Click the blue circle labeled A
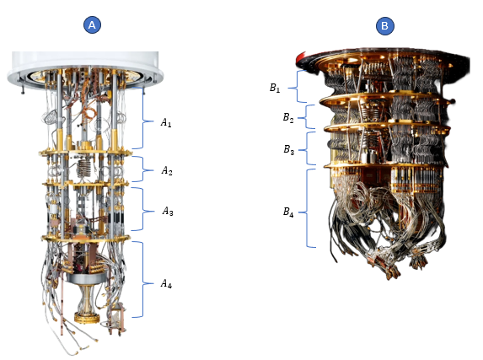coord(92,24)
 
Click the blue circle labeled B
coord(384,25)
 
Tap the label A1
coord(166,123)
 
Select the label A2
coord(167,170)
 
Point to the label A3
coord(168,212)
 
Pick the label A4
coord(166,283)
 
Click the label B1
coord(275,89)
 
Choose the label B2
coord(288,118)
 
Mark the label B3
coord(289,149)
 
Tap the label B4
coord(288,212)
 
